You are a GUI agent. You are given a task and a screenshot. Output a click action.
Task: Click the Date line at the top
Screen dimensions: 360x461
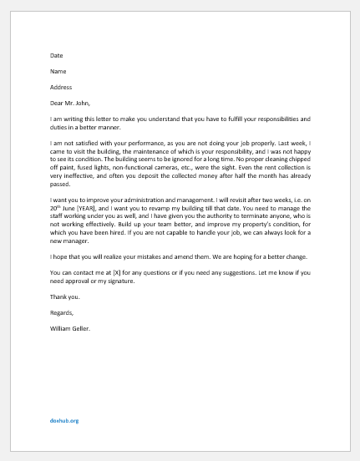(x=56, y=56)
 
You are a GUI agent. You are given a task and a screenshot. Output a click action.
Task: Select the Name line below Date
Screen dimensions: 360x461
(x=58, y=72)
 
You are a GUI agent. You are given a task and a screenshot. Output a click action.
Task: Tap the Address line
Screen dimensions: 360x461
(x=62, y=88)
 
